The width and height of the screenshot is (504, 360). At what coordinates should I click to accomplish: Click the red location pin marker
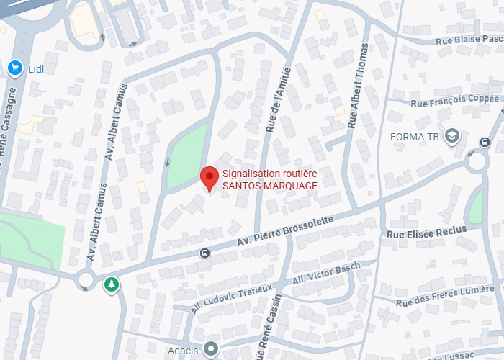coord(209,176)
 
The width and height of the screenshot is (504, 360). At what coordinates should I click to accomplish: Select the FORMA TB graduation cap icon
coord(452,136)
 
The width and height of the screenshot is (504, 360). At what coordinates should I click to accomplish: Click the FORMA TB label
coord(414,137)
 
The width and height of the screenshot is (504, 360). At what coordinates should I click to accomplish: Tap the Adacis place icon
coord(210,349)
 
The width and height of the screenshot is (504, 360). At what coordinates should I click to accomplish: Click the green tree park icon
coord(111,284)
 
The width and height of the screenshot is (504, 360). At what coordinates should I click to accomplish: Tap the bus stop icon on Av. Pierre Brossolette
coord(205,253)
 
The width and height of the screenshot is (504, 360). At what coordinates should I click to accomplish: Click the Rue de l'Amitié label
coord(278,101)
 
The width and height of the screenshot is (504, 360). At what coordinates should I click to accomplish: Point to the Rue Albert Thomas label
coord(357,86)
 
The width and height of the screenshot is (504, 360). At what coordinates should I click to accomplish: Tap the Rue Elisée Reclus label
coord(426,232)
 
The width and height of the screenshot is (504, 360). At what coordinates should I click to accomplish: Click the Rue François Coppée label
coord(454,101)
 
